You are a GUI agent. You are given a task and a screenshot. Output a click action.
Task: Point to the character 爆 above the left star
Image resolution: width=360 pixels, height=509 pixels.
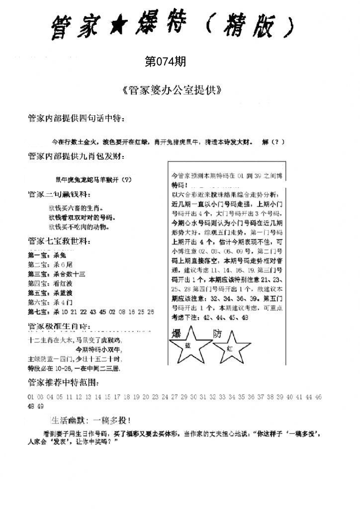[x=177, y=333]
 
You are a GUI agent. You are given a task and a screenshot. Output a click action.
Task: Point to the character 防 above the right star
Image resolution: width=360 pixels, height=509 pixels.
[x=218, y=334]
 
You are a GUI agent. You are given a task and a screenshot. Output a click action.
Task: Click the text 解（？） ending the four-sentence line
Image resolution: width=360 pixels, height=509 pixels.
[x=273, y=141]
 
